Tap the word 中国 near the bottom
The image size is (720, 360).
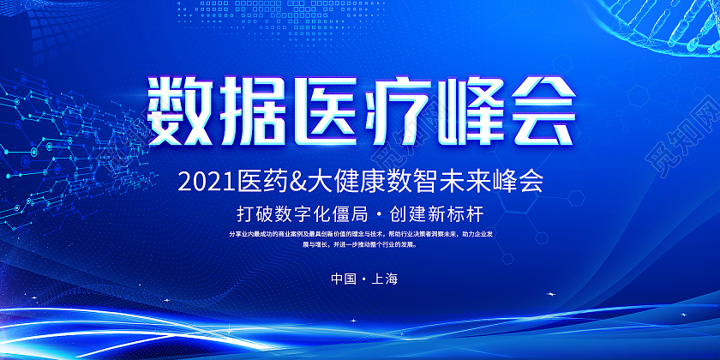(340, 279)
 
